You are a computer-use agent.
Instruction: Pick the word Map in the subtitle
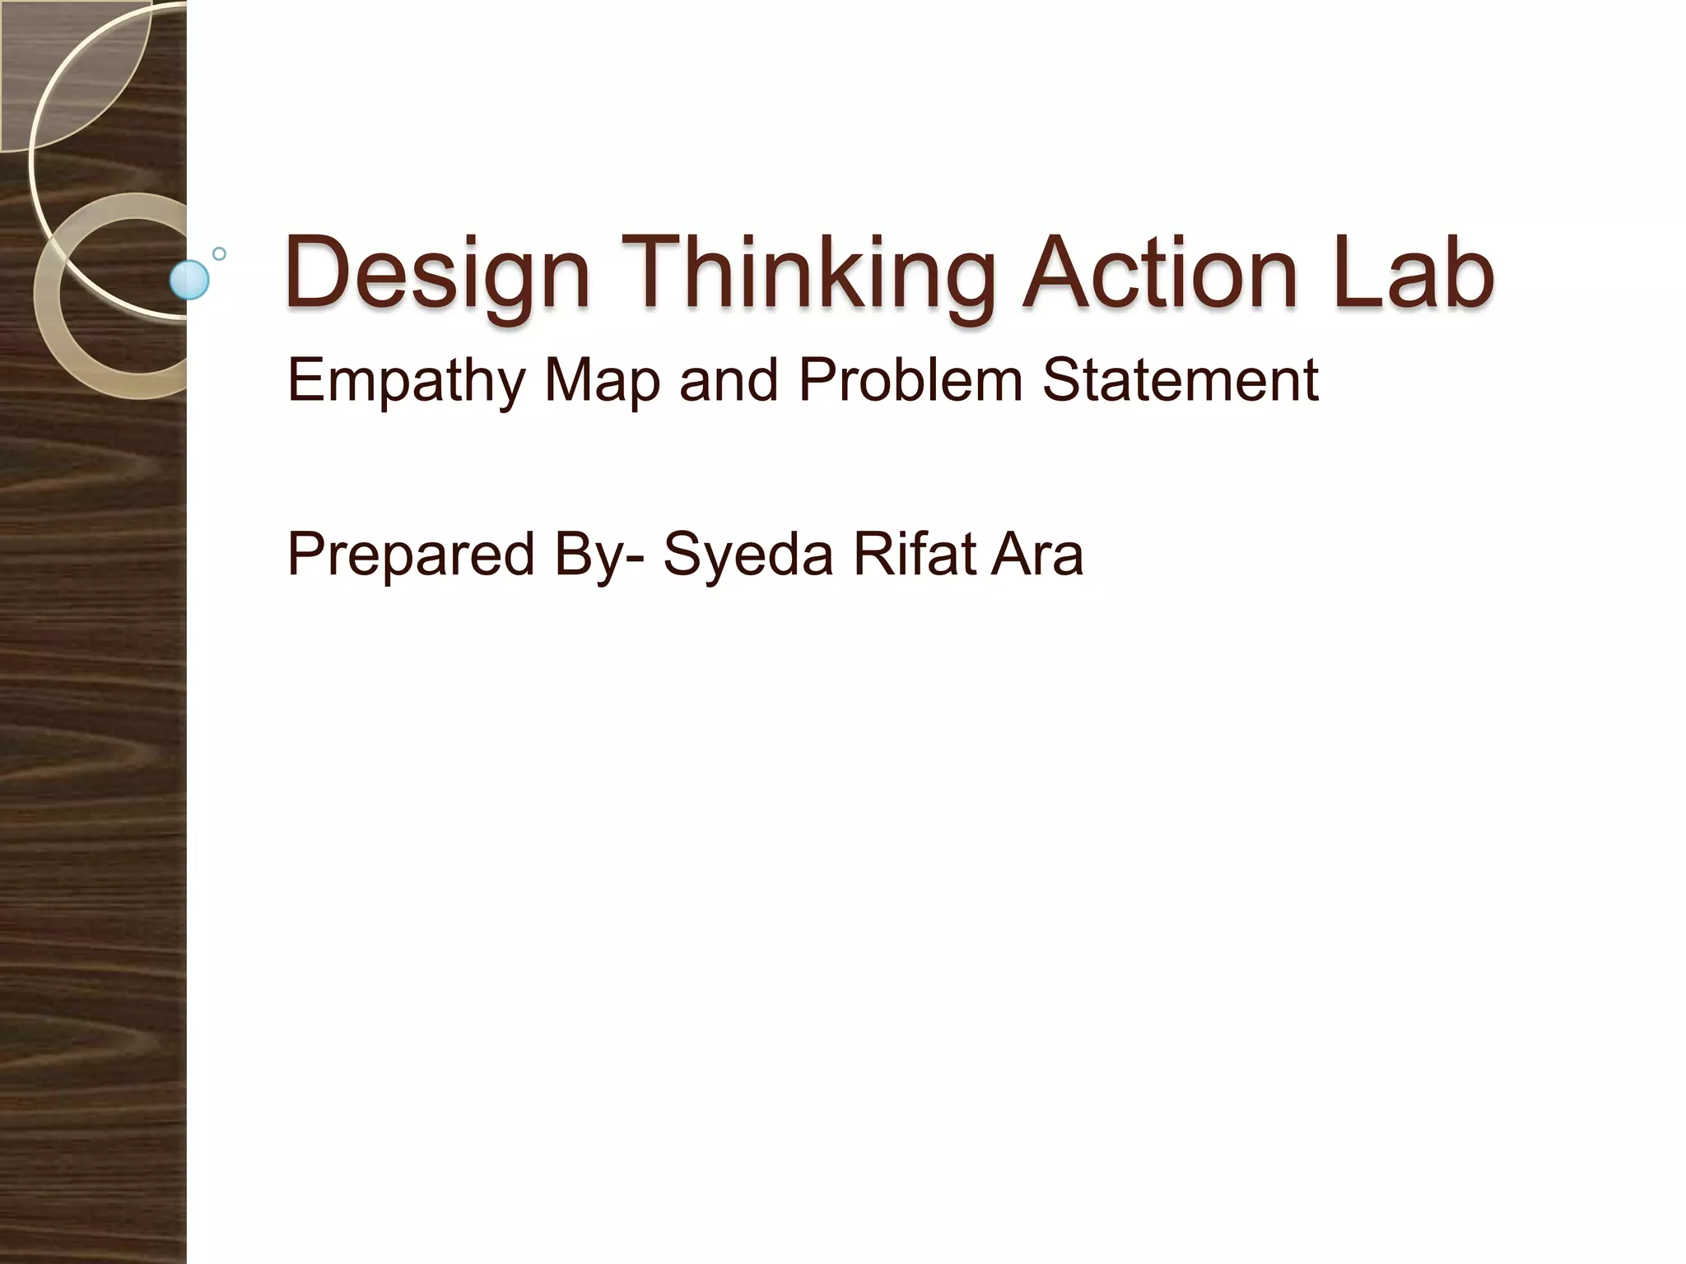click(602, 382)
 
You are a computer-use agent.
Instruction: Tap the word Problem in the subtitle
click(911, 380)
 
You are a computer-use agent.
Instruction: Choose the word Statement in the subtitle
click(1181, 380)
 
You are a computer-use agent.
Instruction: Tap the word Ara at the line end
click(1037, 555)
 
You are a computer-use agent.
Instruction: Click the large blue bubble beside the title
click(189, 280)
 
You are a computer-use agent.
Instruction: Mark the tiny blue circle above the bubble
click(219, 253)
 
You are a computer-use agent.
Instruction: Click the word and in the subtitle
click(728, 380)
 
